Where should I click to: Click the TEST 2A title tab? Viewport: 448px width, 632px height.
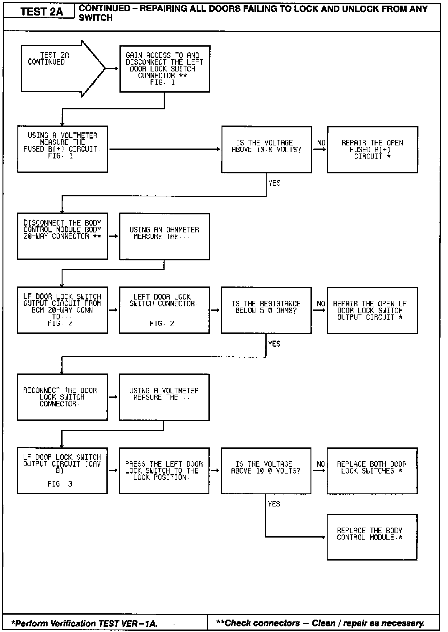[x=41, y=12]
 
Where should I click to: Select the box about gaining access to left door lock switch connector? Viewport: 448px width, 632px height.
[x=165, y=69]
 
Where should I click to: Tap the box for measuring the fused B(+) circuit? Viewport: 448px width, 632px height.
[x=62, y=149]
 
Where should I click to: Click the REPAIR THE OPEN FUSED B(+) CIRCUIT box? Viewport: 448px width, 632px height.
[x=372, y=149]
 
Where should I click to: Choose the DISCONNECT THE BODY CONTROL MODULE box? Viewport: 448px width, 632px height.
[x=62, y=236]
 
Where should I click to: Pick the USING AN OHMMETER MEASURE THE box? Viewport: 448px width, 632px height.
[x=164, y=236]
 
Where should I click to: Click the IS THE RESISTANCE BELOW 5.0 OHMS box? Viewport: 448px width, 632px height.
[x=266, y=310]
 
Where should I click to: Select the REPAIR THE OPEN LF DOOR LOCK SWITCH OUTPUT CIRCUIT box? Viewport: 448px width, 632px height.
[x=372, y=310]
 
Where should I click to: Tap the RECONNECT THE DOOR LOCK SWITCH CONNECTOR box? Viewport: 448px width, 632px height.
[x=62, y=397]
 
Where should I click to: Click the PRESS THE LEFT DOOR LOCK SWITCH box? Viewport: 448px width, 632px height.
[x=164, y=470]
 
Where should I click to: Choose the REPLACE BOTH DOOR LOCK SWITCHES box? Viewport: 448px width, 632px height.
[x=372, y=470]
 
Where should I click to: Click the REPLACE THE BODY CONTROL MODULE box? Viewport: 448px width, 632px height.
[x=372, y=537]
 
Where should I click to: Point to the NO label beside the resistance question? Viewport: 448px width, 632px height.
[x=321, y=304]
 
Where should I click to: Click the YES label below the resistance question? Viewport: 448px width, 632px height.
[x=274, y=344]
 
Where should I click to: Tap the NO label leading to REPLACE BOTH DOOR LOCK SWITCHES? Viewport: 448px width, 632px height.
[x=321, y=464]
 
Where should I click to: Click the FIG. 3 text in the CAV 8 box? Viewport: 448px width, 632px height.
[x=60, y=484]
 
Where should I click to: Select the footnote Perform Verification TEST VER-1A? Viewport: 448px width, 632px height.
[x=84, y=623]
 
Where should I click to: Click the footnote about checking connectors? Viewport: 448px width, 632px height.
[x=320, y=623]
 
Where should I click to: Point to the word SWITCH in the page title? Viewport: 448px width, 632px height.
[x=96, y=18]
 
